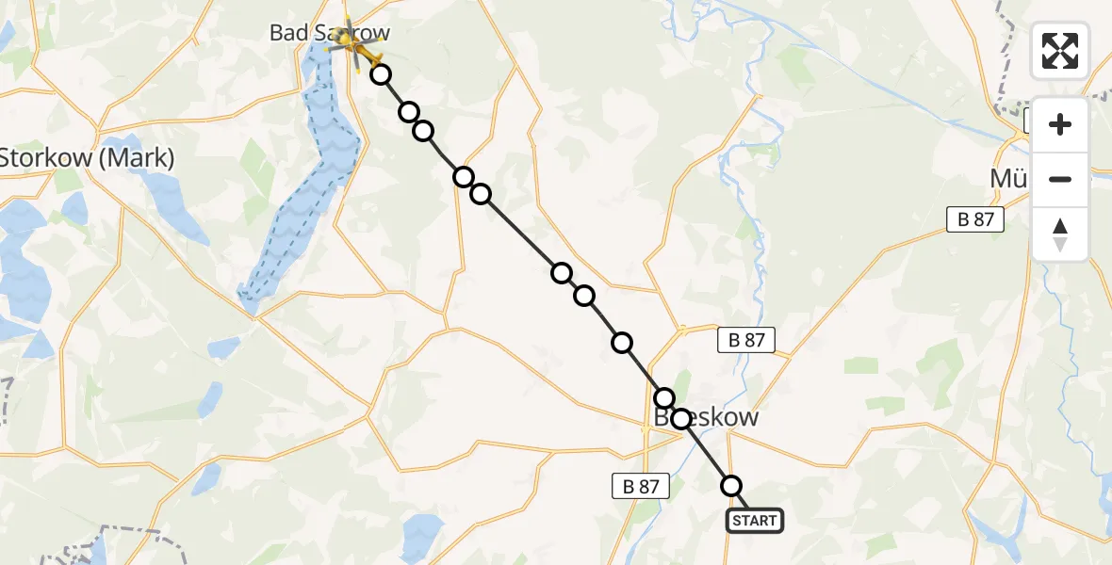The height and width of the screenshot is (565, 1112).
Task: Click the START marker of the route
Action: [x=754, y=521]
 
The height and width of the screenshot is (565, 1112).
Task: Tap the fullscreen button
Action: [x=1060, y=51]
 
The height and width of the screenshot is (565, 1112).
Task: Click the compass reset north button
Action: [x=1060, y=234]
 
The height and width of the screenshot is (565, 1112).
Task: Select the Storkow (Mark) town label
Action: [x=88, y=158]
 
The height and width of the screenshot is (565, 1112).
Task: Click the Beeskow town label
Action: [x=707, y=418]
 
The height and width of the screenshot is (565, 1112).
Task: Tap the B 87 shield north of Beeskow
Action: [x=747, y=340]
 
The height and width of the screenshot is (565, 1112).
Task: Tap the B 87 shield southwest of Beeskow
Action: [x=640, y=486]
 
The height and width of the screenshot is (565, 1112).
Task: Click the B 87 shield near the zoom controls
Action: [x=975, y=220]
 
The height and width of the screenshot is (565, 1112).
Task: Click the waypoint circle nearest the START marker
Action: [x=731, y=486]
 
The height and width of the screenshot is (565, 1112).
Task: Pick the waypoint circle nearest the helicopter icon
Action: [x=380, y=74]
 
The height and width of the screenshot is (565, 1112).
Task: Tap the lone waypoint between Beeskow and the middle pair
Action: [x=622, y=343]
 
